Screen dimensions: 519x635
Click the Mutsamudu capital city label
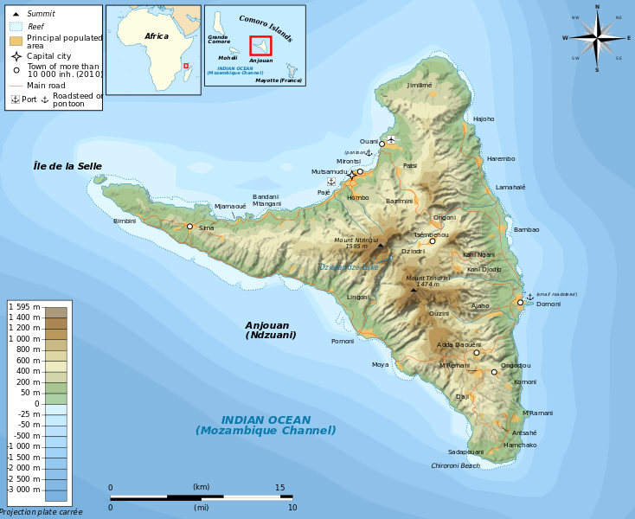pos(329,172)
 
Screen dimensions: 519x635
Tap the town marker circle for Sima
pos(189,227)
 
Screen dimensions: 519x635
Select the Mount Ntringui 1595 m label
pos(356,243)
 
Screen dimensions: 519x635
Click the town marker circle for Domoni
pos(520,303)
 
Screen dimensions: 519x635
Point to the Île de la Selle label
pos(67,166)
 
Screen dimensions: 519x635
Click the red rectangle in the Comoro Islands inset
pos(260,46)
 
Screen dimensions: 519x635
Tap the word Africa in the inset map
pos(157,36)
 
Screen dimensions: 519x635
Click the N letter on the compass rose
pos(597,7)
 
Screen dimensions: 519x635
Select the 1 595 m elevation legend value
pos(24,307)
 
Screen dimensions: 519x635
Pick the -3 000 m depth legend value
pos(24,490)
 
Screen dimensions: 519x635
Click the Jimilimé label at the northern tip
pos(419,86)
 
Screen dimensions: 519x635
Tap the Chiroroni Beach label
pos(455,465)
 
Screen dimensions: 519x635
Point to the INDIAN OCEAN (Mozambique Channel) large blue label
pos(266,425)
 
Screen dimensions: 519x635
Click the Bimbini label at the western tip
pos(125,221)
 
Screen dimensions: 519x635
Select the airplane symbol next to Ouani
pos(391,138)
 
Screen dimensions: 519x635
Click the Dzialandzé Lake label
pos(348,267)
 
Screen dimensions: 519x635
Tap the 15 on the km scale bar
pos(279,488)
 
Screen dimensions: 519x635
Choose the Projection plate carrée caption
pos(41,512)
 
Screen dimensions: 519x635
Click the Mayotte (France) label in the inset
pos(279,80)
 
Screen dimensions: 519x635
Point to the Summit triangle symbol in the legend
pos(16,14)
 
